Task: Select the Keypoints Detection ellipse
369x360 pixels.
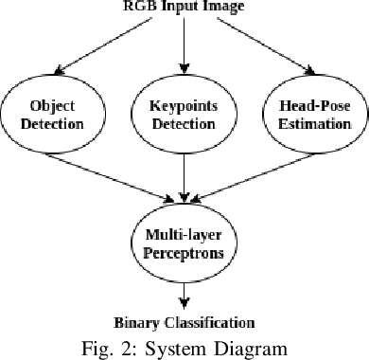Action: [184, 116]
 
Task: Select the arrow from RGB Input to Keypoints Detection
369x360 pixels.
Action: [184, 47]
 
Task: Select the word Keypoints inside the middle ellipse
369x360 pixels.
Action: [184, 106]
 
